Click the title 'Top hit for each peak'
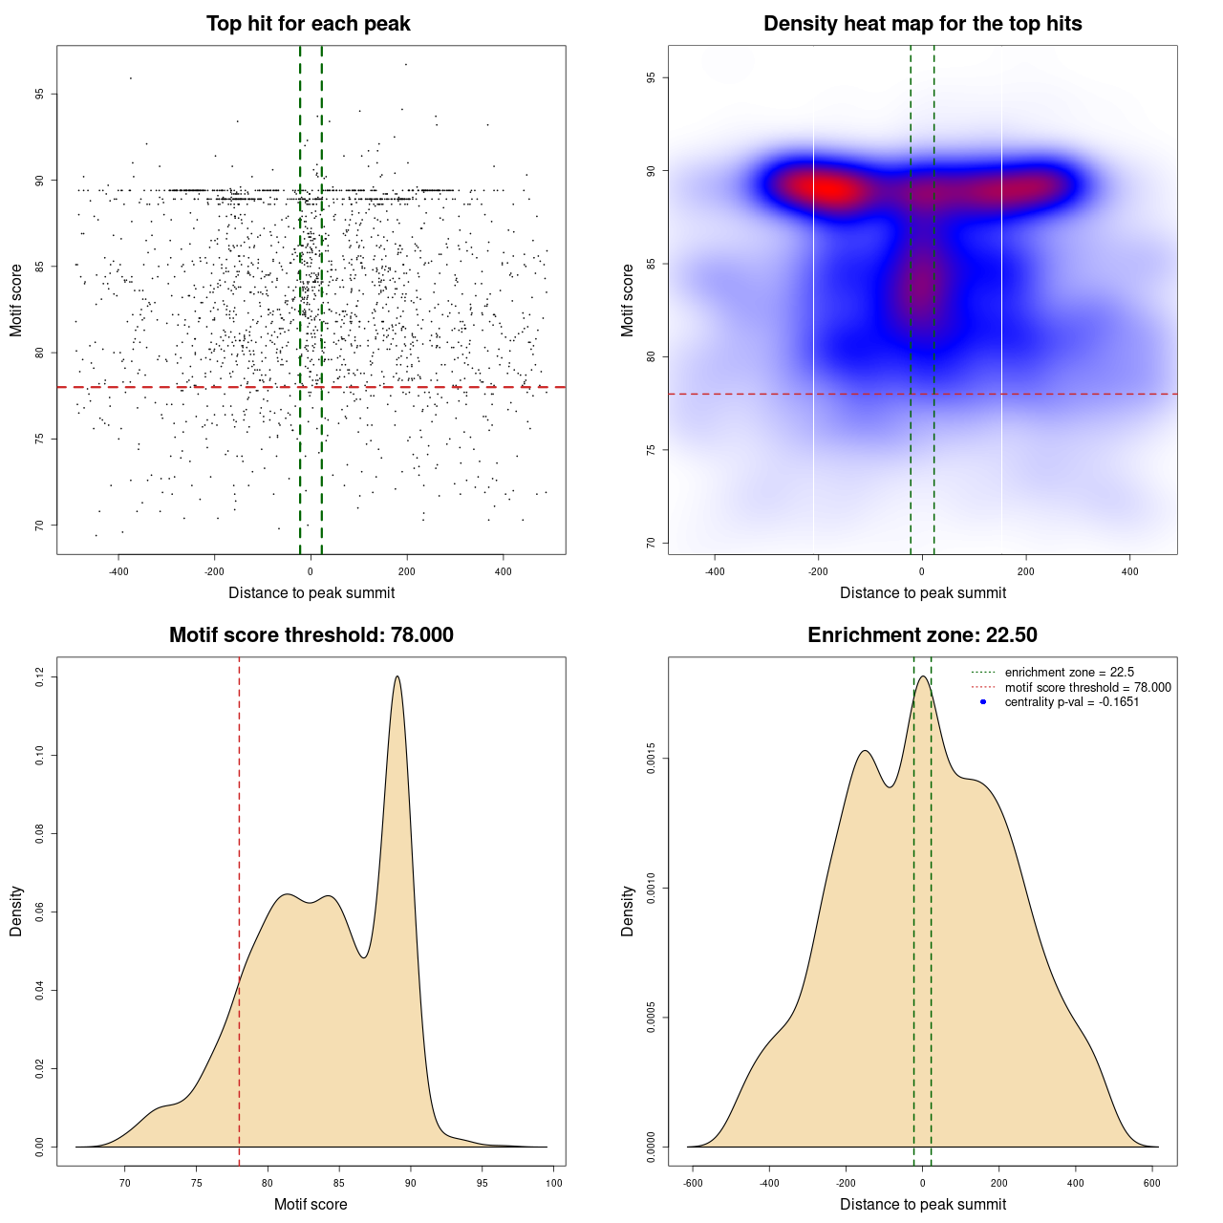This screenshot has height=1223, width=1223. point(308,24)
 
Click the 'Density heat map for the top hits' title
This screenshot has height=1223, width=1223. point(922,24)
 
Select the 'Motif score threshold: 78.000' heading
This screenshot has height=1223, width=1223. point(311,635)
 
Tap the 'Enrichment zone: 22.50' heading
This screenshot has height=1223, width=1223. point(922,635)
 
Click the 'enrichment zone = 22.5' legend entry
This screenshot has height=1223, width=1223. point(1069,673)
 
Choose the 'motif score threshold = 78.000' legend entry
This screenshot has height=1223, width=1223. point(1087,687)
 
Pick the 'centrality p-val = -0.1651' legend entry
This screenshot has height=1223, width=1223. point(1071,702)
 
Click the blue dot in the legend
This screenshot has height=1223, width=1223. point(983,702)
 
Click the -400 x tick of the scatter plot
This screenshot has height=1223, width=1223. point(118,571)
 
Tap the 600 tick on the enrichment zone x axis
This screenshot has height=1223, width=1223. point(1152,1183)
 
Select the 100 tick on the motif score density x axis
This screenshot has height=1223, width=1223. point(554,1183)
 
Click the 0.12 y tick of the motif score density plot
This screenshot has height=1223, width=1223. point(39,677)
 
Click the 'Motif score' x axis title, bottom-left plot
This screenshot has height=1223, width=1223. point(311,1204)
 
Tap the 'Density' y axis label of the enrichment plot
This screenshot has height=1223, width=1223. point(628,911)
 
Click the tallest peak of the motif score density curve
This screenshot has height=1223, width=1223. point(397,676)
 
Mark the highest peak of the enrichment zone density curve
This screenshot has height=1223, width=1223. point(923,676)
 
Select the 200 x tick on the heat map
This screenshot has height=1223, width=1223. point(1025,571)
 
